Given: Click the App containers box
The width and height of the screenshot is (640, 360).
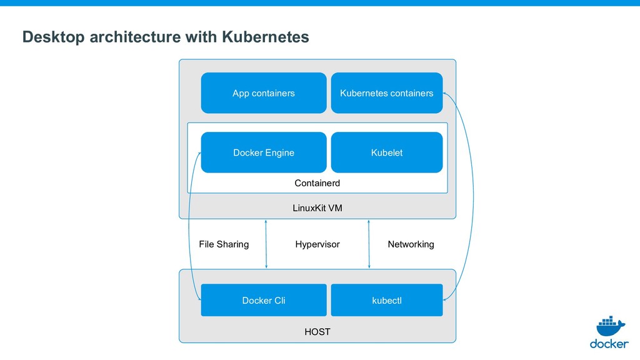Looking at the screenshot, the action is tap(264, 93).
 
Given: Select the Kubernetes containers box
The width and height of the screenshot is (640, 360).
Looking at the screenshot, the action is tap(386, 93).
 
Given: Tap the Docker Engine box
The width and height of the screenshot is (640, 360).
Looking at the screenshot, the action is tap(264, 152).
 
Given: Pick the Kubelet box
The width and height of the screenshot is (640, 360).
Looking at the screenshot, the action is tap(386, 152).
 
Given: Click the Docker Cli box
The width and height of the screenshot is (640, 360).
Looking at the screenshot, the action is tap(264, 300).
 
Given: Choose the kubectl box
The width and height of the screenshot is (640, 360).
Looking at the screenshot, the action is tap(386, 300).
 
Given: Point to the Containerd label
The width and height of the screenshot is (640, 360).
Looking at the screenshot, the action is tap(317, 183).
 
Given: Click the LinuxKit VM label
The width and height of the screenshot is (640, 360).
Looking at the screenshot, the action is tap(317, 208).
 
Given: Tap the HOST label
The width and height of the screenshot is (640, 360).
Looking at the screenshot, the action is tap(317, 332).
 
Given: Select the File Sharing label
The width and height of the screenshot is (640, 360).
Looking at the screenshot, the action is tap(224, 244).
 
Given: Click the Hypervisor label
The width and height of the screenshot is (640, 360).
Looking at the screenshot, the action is tap(317, 244).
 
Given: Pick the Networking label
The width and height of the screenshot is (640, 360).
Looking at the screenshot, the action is tap(411, 244).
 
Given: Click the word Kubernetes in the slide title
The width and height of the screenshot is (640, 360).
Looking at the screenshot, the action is tap(265, 37).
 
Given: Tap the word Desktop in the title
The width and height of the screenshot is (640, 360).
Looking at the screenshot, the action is tap(54, 37).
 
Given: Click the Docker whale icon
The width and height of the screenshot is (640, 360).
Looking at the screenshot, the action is tap(610, 326).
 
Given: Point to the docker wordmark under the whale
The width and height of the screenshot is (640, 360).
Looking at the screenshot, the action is tap(609, 344).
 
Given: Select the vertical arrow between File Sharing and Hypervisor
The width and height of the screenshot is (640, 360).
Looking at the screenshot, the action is tap(266, 244).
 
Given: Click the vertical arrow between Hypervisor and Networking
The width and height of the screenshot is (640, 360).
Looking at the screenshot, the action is tap(369, 244).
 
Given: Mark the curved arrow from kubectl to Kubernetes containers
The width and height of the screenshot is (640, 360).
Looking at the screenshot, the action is tap(473, 196).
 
